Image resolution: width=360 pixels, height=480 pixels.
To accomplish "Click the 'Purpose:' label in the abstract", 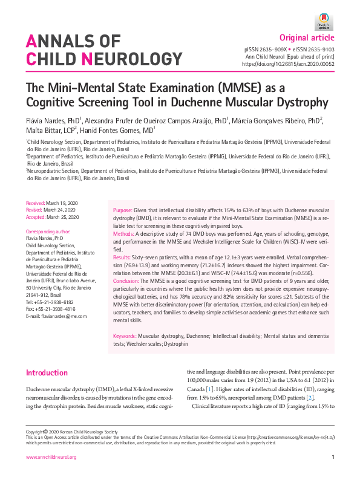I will pyautogui.click(x=125, y=210).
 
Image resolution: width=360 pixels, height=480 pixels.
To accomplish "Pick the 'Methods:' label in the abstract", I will pyautogui.click(x=126, y=233).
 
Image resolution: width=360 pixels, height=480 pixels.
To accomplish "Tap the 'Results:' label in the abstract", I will pyautogui.click(x=125, y=256).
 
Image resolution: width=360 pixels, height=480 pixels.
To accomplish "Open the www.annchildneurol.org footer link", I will pyautogui.click(x=51, y=457).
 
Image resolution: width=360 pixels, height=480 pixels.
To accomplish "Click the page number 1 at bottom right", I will pyautogui.click(x=333, y=457).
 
